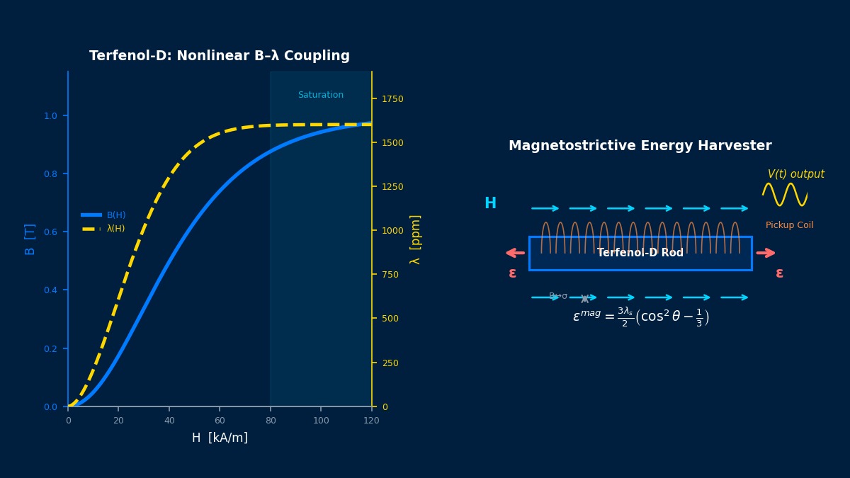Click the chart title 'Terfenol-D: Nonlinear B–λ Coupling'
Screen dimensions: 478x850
click(x=220, y=56)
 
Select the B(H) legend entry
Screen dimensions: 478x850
click(x=115, y=215)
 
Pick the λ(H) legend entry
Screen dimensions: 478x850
click(x=115, y=229)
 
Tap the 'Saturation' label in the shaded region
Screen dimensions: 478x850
click(x=320, y=95)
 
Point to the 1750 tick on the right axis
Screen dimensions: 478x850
click(x=392, y=98)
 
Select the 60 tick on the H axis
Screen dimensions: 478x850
click(x=220, y=421)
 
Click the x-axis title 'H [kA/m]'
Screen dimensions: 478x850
click(x=220, y=438)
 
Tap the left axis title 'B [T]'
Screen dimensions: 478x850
click(x=30, y=239)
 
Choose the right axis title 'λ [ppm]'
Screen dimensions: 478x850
click(x=415, y=239)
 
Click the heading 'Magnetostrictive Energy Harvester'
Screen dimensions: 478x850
click(x=640, y=146)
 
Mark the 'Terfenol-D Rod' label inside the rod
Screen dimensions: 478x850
click(x=640, y=253)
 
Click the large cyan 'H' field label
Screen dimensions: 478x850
click(x=490, y=204)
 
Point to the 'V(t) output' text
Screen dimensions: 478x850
click(x=795, y=174)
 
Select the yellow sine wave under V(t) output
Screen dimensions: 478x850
click(x=785, y=194)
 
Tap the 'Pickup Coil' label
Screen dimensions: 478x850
click(x=789, y=225)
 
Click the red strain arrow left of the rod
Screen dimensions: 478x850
click(x=516, y=253)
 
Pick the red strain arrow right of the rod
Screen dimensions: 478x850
click(x=766, y=253)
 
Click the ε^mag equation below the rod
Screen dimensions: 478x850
click(x=640, y=317)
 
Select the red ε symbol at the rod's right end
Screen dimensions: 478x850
click(x=779, y=273)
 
